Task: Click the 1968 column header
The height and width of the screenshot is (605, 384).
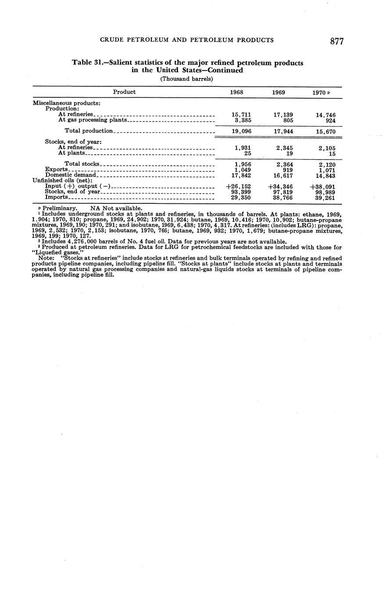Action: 237,93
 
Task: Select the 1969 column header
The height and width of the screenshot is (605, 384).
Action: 278,93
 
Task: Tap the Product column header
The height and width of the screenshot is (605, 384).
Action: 124,92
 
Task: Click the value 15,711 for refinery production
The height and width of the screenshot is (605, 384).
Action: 241,114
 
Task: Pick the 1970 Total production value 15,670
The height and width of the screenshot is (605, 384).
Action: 326,131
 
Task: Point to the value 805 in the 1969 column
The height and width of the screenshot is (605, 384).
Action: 288,119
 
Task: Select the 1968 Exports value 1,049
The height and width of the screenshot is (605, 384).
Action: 243,170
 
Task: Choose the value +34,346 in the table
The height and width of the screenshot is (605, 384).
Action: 280,186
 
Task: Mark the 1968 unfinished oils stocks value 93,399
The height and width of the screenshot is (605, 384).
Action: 241,192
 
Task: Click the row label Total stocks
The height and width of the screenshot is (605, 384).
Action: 83,164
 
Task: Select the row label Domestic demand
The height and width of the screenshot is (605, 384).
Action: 70,175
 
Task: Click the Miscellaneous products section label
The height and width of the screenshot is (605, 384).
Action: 67,103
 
